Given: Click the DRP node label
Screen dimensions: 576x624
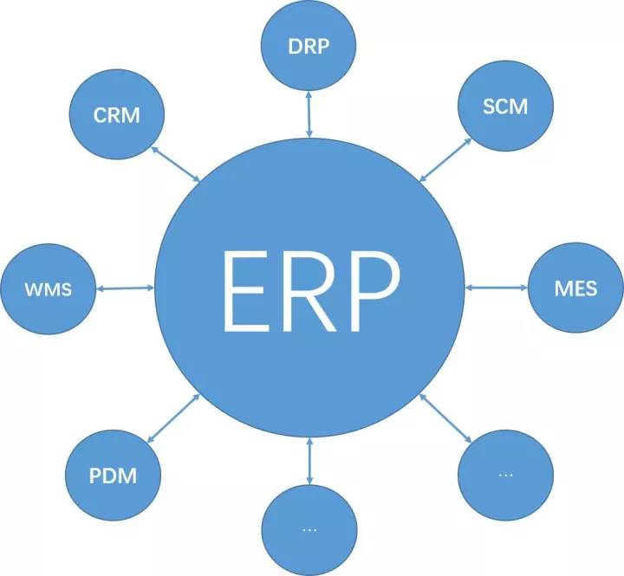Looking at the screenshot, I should point(309,46).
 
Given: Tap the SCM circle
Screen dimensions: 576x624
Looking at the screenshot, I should point(504,107).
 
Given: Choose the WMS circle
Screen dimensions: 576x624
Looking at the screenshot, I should point(48,288).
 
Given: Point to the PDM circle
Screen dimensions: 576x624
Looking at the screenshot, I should point(114,474).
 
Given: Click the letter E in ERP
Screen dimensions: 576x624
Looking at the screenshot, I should point(250,289).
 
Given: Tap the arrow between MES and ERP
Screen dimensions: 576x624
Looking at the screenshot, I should point(497,287).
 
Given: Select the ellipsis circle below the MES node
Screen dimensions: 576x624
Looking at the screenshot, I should point(505,474).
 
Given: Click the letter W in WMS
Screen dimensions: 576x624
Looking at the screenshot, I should point(32,288).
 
